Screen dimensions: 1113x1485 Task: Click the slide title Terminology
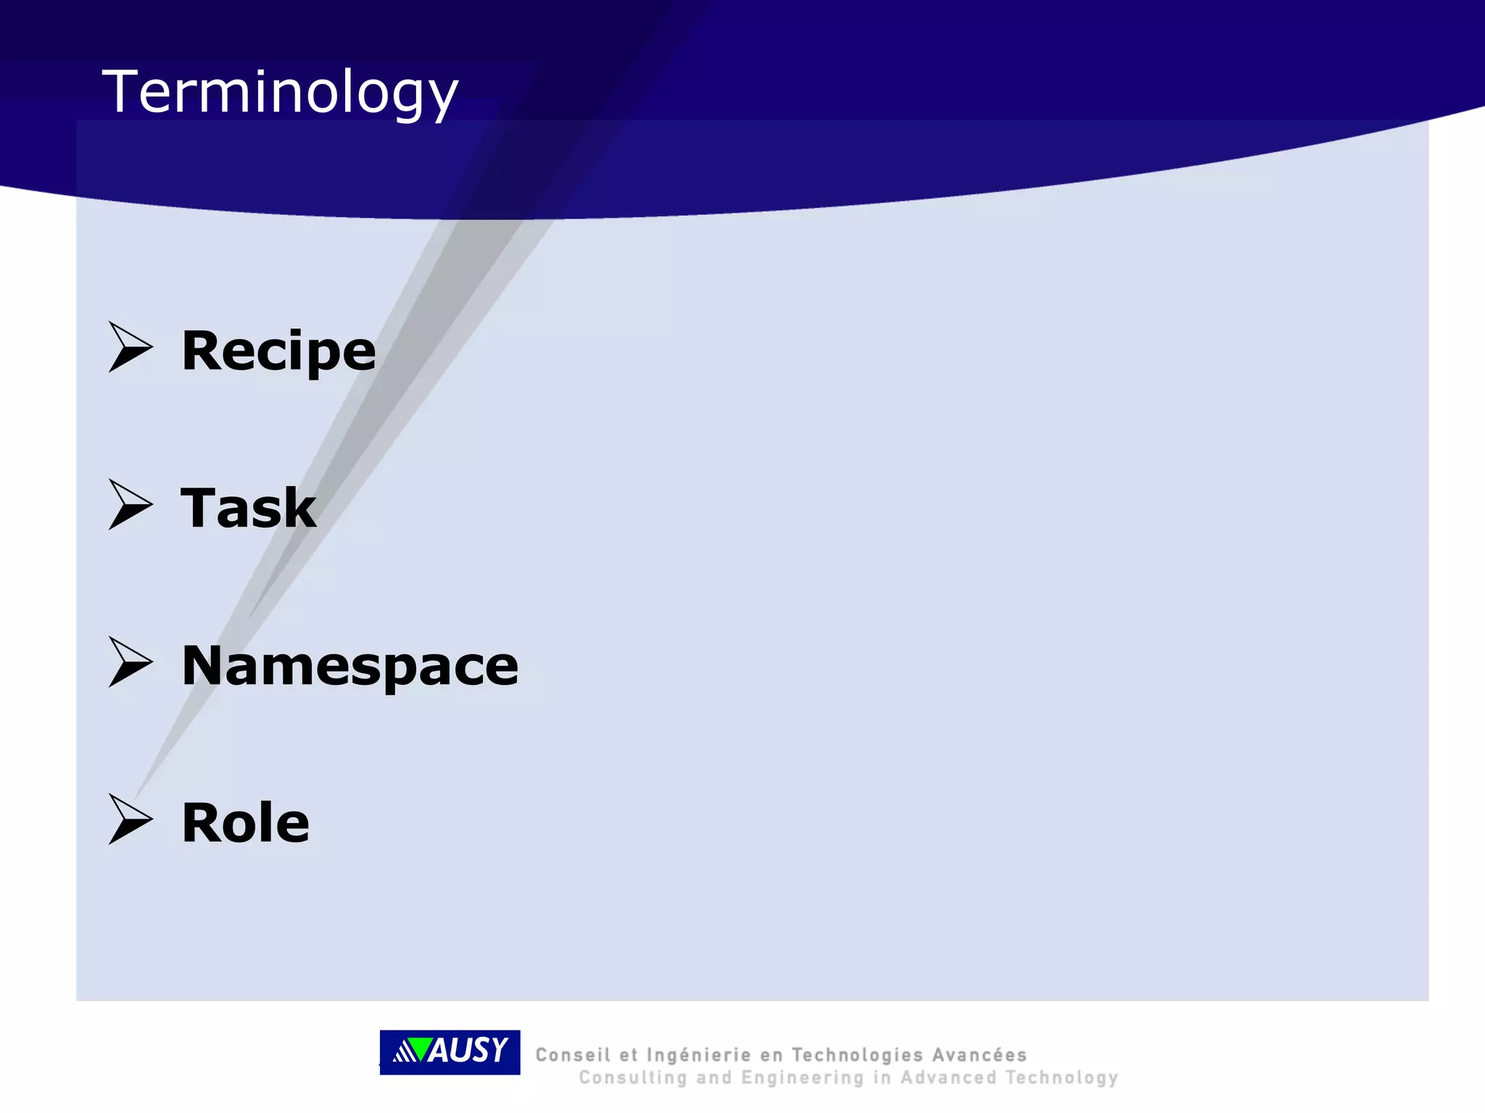[280, 93]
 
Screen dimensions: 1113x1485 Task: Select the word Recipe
[278, 351]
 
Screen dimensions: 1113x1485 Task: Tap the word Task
[248, 508]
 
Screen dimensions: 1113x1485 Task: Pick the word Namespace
[349, 665]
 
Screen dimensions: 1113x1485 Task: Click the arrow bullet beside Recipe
[130, 347]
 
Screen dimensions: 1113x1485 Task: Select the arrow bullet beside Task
[130, 504]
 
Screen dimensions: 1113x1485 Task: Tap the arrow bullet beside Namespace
[130, 662]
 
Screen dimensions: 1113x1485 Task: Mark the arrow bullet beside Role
[130, 819]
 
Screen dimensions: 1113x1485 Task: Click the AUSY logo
[450, 1051]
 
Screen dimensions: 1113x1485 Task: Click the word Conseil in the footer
[573, 1055]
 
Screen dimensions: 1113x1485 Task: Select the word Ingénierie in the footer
[698, 1055]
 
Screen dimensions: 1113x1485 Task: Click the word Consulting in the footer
[632, 1078]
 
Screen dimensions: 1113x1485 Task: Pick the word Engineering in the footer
[802, 1078]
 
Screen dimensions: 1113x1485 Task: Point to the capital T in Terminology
[120, 91]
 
